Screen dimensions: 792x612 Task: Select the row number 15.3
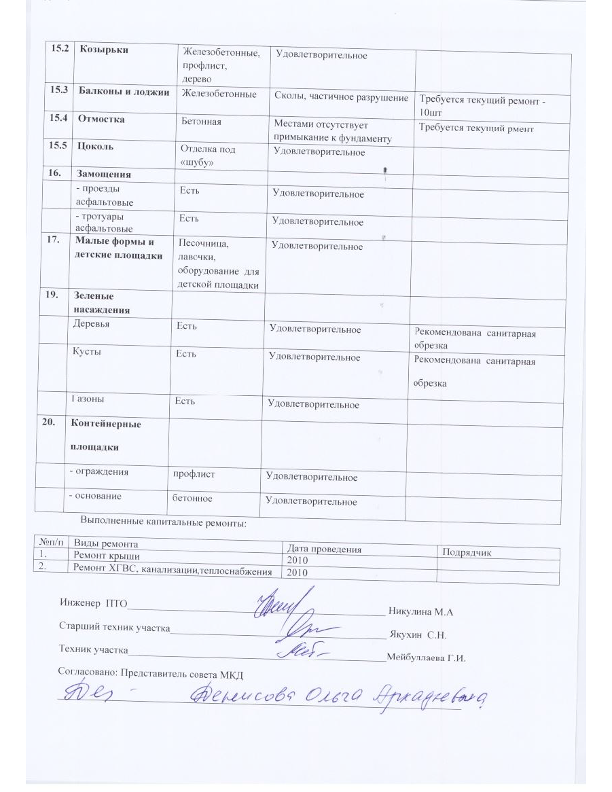(58, 92)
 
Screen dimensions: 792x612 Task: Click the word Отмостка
(102, 120)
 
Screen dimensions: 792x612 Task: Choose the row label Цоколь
(96, 146)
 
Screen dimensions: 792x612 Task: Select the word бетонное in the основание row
(192, 499)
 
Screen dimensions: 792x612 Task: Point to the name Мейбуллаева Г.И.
(425, 658)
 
